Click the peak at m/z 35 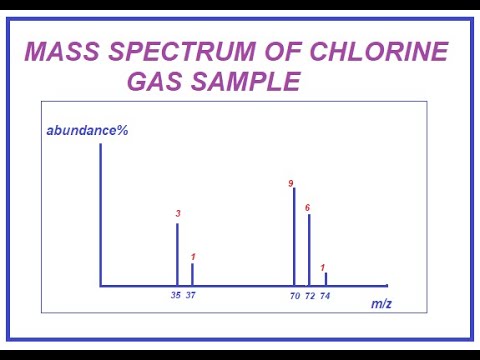(x=177, y=255)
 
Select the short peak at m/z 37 (x=192, y=275)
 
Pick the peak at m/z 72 (x=309, y=250)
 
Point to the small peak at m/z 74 (x=325, y=279)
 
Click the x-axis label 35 (x=176, y=296)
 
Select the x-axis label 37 (x=192, y=296)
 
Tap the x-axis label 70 (x=295, y=296)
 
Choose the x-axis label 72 (x=310, y=296)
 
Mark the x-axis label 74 (x=325, y=296)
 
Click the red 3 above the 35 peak (x=177, y=214)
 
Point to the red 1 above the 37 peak (x=192, y=257)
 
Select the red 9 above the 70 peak (x=291, y=184)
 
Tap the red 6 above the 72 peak (x=307, y=207)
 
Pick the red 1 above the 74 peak (x=323, y=267)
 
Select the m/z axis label (x=381, y=303)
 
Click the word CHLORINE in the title (x=388, y=52)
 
